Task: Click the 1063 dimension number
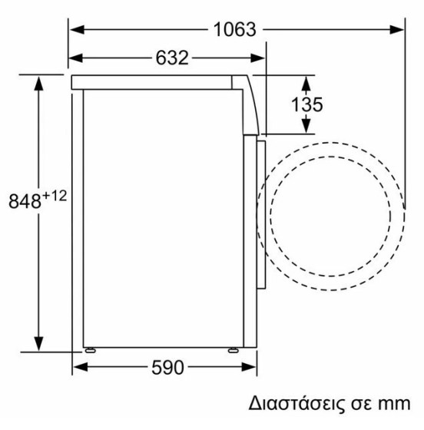coord(234,30)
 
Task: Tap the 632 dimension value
coord(172,58)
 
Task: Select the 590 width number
coord(168,368)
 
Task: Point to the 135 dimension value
coord(306,104)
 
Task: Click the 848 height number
coord(25,201)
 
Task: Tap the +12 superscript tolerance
coord(55,196)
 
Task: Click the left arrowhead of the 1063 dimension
coord(77,30)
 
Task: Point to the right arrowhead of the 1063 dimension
coord(396,30)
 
